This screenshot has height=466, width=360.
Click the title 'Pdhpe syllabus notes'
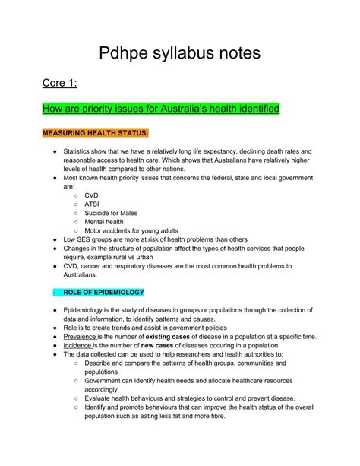180,52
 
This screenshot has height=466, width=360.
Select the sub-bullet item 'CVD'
91,195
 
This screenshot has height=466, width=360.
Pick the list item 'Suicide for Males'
111,213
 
